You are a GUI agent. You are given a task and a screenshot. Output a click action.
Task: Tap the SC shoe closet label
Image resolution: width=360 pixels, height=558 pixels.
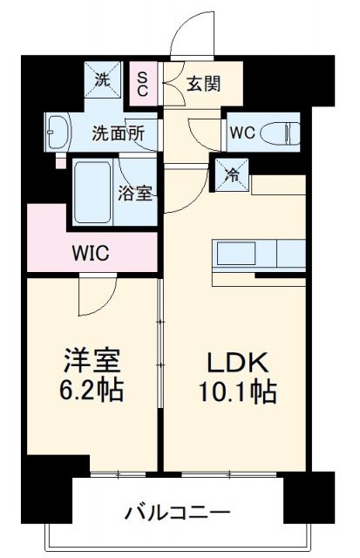point(142,84)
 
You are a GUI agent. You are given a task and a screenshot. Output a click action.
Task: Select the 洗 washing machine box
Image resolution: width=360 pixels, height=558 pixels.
point(104,82)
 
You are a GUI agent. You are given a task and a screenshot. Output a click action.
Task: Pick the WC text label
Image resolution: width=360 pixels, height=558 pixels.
point(241,133)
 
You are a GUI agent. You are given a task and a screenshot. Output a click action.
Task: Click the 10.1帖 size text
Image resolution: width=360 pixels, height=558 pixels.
point(240,391)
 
